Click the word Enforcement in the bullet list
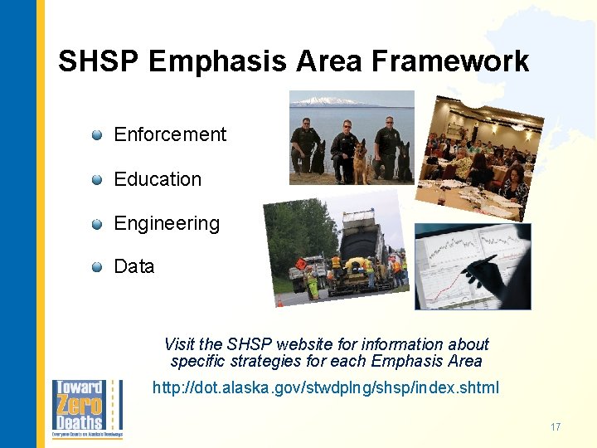170,134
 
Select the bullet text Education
158,179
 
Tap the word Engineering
167,223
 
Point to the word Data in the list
134,266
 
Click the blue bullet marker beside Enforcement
97,134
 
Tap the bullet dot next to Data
97,266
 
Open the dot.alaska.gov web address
326,387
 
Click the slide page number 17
555,427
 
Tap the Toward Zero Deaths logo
86,408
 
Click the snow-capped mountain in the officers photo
323,101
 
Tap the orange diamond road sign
300,264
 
